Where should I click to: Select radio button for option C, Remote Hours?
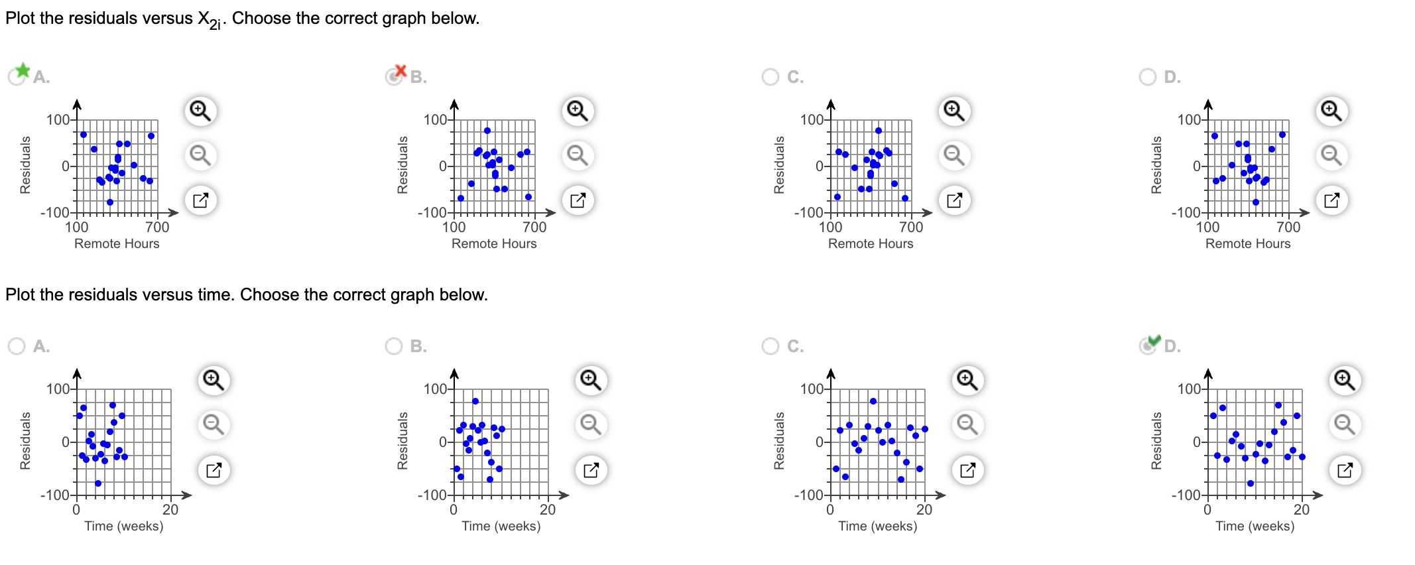click(x=770, y=77)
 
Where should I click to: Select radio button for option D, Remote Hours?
click(x=1148, y=77)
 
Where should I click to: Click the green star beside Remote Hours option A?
click(x=23, y=70)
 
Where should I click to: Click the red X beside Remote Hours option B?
click(x=400, y=70)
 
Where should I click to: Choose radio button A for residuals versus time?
click(x=17, y=346)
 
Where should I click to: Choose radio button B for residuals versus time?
click(x=394, y=346)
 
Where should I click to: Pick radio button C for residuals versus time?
click(x=770, y=346)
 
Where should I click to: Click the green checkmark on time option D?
click(x=1154, y=340)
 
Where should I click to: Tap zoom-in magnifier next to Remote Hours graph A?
click(x=200, y=111)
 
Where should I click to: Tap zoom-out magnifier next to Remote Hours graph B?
click(x=578, y=155)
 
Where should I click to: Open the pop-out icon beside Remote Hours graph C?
click(x=954, y=200)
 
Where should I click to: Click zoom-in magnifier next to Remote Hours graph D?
click(x=1331, y=111)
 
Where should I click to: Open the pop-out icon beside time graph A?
click(x=214, y=470)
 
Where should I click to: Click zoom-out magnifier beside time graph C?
click(x=967, y=424)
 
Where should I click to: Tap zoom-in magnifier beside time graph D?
click(x=1345, y=380)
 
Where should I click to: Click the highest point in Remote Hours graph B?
click(x=487, y=131)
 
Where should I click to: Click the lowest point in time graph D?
click(x=1251, y=483)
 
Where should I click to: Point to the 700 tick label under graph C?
click(x=911, y=227)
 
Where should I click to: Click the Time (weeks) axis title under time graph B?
click(x=501, y=526)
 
